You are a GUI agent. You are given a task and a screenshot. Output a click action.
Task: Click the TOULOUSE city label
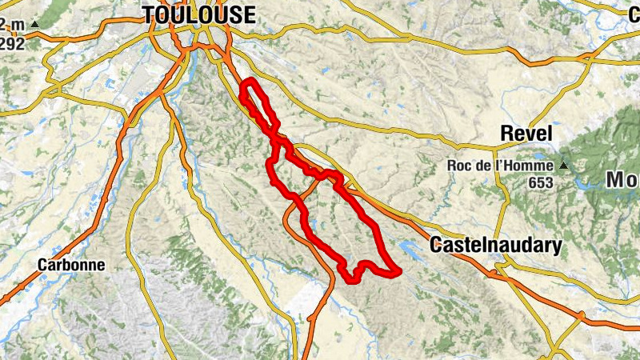click(x=199, y=14)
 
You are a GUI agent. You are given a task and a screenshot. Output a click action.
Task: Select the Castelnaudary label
click(x=495, y=246)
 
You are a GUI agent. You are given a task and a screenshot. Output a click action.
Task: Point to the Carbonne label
click(x=71, y=264)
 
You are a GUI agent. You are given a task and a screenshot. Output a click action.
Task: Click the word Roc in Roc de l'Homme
click(x=460, y=166)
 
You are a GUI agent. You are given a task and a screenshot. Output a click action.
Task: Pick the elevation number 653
click(x=541, y=182)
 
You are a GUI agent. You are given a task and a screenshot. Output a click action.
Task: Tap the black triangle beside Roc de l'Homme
click(x=563, y=166)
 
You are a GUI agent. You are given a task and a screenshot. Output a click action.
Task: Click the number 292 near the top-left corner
click(x=12, y=43)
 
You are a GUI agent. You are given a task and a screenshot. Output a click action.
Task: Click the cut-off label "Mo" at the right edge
click(x=622, y=181)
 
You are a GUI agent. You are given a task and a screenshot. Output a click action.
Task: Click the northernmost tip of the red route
click(x=251, y=81)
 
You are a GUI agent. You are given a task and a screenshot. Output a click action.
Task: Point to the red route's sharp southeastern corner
click(x=397, y=272)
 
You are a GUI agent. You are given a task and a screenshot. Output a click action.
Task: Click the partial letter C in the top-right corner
click(x=634, y=11)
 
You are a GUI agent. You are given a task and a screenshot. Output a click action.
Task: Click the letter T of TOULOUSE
click(x=149, y=14)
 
